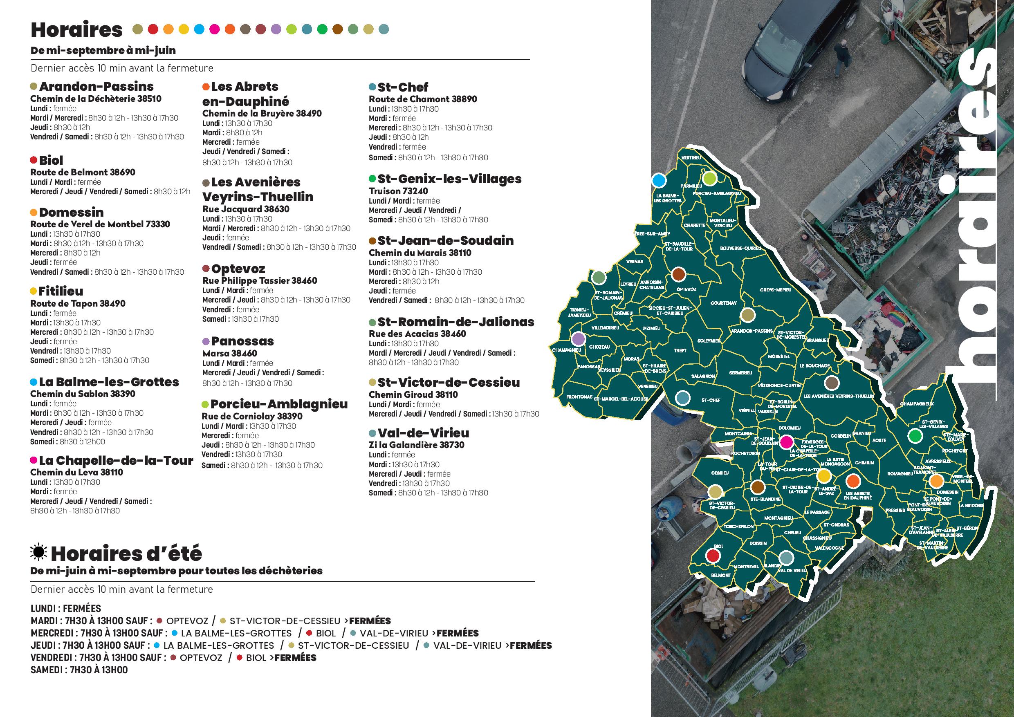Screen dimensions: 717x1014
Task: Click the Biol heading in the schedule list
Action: point(51,160)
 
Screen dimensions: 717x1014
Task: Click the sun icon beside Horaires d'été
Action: point(38,552)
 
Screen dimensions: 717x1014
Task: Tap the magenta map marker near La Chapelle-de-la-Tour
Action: point(786,441)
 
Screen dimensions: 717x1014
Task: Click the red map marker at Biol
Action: point(712,555)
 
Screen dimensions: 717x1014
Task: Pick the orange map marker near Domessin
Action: point(936,481)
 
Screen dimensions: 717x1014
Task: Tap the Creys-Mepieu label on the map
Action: point(776,290)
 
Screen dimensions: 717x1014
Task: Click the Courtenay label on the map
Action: point(723,303)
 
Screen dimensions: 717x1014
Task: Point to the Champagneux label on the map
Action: point(917,403)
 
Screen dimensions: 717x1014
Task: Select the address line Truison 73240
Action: point(398,191)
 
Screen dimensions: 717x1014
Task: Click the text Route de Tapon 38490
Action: point(78,303)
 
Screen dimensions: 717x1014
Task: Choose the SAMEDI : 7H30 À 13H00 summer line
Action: point(79,670)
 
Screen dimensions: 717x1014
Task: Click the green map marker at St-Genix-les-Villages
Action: point(915,436)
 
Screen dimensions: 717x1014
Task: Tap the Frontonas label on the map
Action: point(579,397)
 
